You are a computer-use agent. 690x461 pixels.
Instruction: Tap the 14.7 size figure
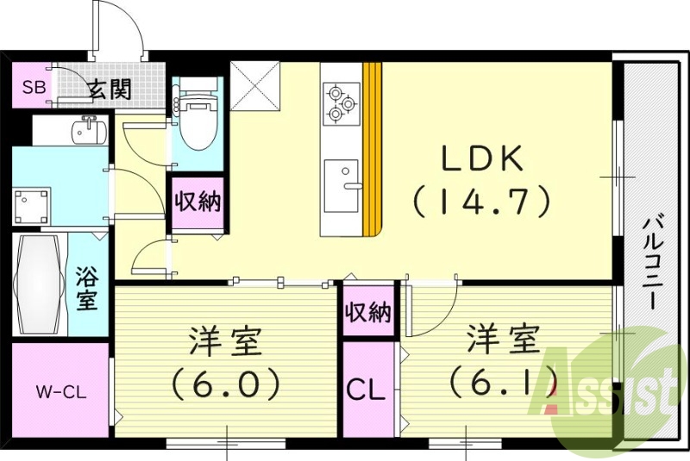[x=481, y=202]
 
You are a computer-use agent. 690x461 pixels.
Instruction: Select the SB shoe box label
[x=34, y=86]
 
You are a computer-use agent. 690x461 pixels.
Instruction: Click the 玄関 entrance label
[x=109, y=88]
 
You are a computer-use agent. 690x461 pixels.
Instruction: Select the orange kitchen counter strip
[x=372, y=148]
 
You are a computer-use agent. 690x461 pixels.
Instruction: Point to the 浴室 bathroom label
[x=85, y=290]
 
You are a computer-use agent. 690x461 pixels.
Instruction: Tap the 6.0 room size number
[x=226, y=382]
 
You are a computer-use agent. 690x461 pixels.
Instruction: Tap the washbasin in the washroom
[x=85, y=131]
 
